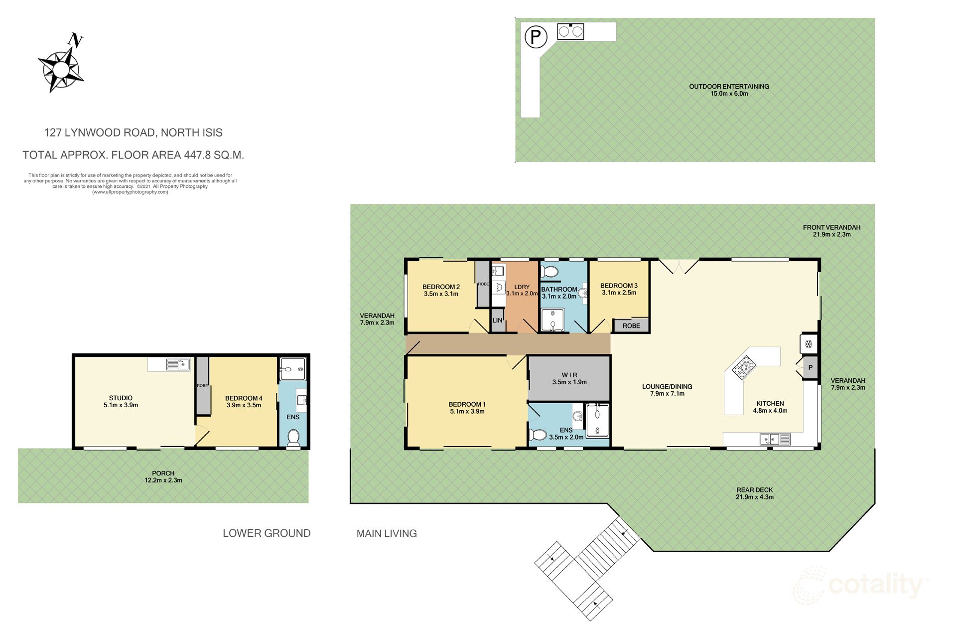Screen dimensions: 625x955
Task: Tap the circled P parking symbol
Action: pos(536,37)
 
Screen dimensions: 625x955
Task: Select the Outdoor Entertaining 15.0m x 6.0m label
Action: pos(729,90)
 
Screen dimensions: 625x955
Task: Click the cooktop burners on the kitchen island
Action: pos(743,367)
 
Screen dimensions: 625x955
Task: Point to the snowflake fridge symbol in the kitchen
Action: pos(809,344)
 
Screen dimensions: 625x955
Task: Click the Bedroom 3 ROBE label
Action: pos(631,325)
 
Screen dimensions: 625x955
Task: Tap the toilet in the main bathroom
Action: pos(549,272)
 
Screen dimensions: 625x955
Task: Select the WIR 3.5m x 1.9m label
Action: pos(569,378)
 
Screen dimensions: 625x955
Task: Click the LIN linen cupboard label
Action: pos(497,320)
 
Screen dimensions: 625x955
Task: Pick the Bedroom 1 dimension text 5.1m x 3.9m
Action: pos(467,411)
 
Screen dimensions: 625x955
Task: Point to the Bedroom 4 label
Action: pos(244,398)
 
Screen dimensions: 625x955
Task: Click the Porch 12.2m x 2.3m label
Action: pos(163,476)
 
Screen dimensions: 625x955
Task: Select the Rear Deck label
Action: pos(754,490)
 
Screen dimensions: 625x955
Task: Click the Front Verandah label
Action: pos(831,227)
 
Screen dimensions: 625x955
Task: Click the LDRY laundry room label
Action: pos(522,287)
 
